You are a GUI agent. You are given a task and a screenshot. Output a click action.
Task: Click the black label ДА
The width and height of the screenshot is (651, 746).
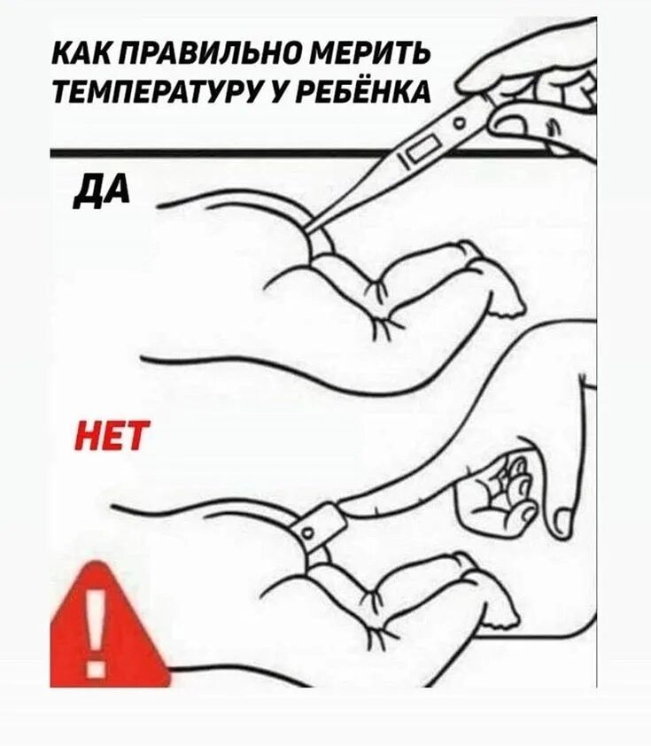[x=101, y=188]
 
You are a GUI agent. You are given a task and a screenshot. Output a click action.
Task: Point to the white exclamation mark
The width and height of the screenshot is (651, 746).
[x=99, y=625]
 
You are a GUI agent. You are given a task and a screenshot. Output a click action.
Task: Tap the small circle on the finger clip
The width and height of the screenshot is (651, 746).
[x=306, y=533]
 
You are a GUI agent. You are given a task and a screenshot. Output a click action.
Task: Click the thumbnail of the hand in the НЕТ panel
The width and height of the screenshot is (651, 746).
[x=560, y=520]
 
